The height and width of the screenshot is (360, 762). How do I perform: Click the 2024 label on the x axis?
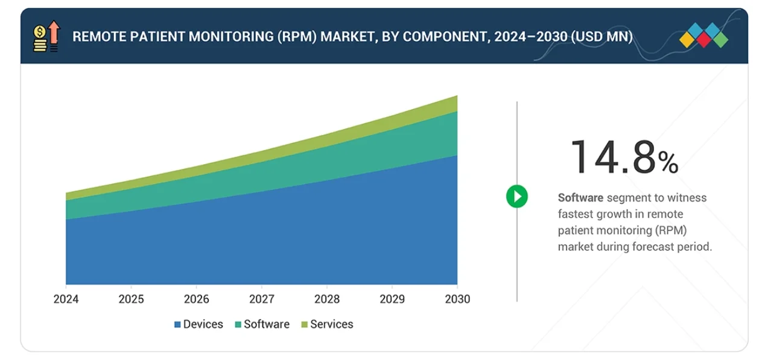66,299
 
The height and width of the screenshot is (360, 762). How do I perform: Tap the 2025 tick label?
131,299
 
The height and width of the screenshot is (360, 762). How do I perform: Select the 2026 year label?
196,299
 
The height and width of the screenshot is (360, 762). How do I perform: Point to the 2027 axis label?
261,299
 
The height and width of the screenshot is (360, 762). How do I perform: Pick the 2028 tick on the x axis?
326,299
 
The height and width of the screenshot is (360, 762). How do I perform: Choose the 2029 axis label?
392,299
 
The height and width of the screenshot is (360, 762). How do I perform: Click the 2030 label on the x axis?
457,299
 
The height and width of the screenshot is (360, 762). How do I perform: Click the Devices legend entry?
199,324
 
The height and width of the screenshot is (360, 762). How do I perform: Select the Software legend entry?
262,324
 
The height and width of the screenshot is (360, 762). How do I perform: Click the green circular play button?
516,197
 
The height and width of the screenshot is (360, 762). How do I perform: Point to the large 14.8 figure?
612,157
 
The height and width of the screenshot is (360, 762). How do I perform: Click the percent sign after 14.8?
668,162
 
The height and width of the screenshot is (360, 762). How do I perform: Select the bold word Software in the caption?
580,198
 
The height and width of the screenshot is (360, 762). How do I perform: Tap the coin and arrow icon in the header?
46,36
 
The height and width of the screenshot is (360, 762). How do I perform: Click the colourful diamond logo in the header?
703,36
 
